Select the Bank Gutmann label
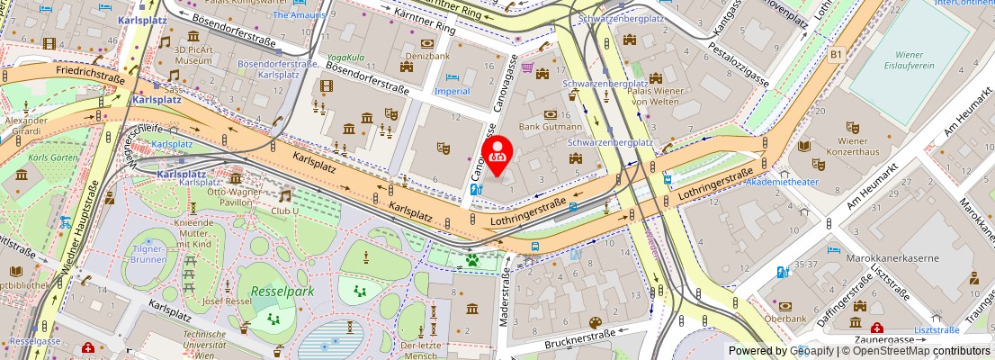pyautogui.click(x=551, y=127)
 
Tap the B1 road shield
pyautogui.click(x=836, y=55)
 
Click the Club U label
pyautogui.click(x=285, y=212)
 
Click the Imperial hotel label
pyautogui.click(x=452, y=91)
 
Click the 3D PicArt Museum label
pyautogui.click(x=193, y=54)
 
